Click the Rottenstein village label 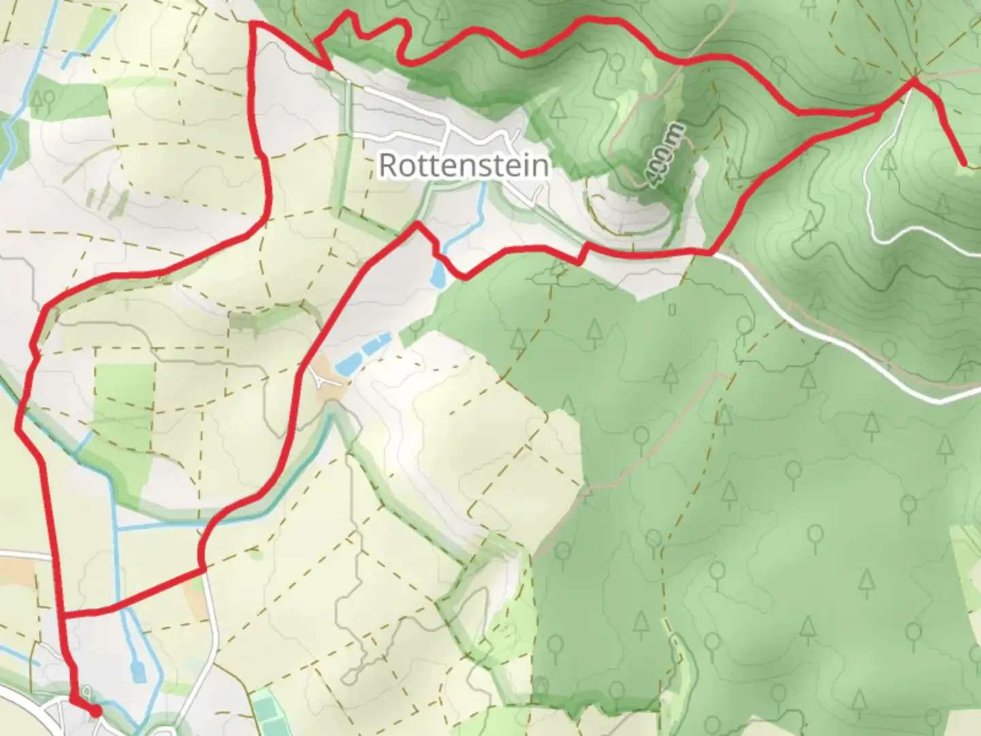463,165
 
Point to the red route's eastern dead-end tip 963,164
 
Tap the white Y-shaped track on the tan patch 325,378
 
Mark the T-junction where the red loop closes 63,615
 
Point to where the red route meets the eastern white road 713,253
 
